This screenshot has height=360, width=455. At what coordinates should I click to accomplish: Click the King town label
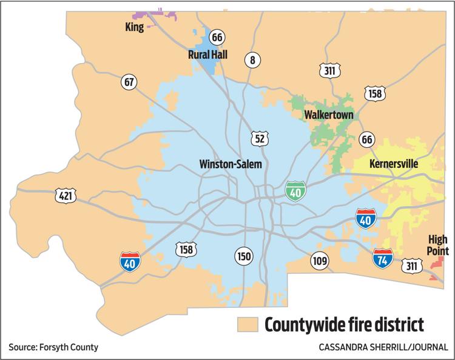(134, 27)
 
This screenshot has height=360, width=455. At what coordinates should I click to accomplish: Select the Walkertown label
(328, 115)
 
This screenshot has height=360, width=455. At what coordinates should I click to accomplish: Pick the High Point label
(438, 245)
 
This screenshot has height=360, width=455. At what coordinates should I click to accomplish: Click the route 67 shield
(129, 82)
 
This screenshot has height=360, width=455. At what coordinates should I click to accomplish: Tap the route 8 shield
(252, 60)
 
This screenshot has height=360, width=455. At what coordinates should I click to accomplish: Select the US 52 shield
(260, 139)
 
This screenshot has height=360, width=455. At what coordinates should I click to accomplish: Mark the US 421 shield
(65, 195)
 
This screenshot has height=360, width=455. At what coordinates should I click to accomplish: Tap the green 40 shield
(296, 192)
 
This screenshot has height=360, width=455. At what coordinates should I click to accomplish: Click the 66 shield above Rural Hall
(217, 38)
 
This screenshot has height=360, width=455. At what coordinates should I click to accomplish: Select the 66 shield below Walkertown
(366, 139)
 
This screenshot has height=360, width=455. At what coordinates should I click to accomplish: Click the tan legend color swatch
(248, 324)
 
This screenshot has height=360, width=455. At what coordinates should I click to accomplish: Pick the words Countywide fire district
(344, 324)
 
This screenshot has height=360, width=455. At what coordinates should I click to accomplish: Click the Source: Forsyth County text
(53, 347)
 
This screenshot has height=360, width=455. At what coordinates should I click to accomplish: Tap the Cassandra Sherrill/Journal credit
(383, 347)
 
